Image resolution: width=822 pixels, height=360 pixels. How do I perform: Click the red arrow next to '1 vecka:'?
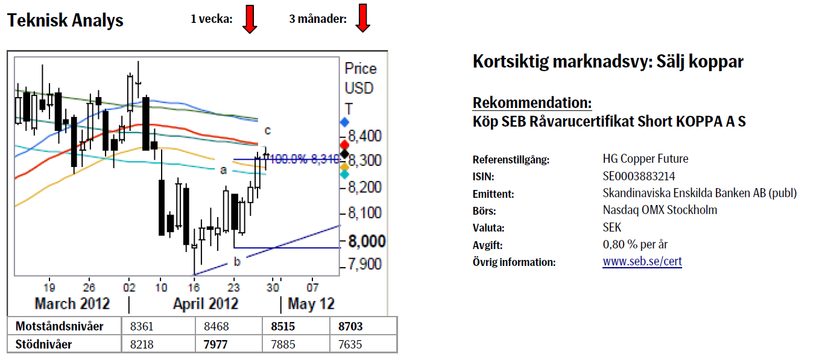point(250,19)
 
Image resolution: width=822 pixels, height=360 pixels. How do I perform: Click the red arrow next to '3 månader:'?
point(362,19)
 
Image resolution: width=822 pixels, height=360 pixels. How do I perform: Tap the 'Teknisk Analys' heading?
point(65,21)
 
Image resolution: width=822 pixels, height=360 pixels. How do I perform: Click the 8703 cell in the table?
point(351,326)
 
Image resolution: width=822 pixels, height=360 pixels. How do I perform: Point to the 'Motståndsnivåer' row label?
point(59,326)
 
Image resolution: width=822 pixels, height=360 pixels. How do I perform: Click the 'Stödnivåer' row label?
point(44,344)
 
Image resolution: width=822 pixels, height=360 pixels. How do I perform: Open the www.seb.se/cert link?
point(642,262)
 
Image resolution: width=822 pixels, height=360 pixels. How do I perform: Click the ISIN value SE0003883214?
point(639,176)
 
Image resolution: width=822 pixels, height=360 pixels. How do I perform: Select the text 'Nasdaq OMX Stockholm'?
point(660,210)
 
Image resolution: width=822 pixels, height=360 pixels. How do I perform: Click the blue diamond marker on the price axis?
point(344,122)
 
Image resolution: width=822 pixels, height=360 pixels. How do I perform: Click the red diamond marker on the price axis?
point(344,145)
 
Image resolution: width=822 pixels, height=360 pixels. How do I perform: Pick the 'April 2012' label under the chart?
point(205,303)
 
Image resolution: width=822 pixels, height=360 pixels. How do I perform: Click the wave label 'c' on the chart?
point(268,130)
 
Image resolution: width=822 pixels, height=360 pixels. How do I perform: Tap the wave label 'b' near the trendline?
point(237,262)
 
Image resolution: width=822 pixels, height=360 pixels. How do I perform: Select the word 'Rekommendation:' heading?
point(532,102)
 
